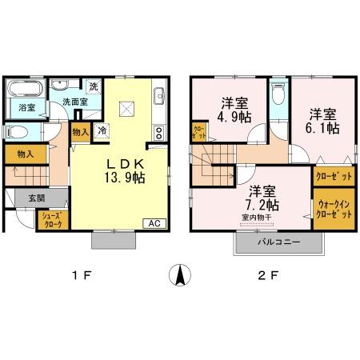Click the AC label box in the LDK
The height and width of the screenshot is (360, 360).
(154, 224)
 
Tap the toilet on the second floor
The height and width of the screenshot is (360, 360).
(277, 95)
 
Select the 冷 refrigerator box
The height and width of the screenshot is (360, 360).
(102, 129)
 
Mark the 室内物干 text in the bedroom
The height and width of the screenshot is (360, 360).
(255, 216)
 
